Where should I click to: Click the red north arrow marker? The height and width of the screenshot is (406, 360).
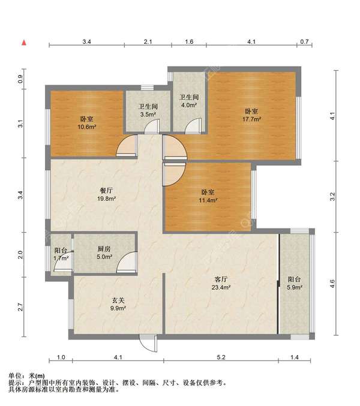(x=24, y=43)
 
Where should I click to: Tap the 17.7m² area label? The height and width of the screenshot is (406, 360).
(x=251, y=119)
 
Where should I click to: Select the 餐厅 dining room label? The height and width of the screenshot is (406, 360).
(x=106, y=191)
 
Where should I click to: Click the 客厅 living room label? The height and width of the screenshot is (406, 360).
(x=221, y=279)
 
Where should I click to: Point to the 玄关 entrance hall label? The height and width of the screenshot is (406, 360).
(x=118, y=300)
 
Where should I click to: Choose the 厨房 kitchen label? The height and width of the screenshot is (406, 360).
(x=104, y=249)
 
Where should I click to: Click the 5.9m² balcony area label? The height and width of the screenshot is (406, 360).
(x=295, y=287)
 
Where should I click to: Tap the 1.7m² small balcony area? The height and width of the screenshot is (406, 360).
(x=61, y=258)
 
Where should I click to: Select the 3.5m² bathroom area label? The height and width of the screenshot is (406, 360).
(x=148, y=115)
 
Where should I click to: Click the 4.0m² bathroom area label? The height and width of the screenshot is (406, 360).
(x=189, y=105)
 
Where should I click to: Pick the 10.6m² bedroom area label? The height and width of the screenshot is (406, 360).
(x=87, y=127)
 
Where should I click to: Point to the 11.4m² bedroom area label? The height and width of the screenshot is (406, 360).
(x=208, y=200)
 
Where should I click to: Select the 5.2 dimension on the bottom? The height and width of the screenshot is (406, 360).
(x=221, y=357)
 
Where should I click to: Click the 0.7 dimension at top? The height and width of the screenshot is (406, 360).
(x=304, y=41)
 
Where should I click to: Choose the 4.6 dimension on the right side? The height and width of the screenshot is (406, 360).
(x=332, y=284)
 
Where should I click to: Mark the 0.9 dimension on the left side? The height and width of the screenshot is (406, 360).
(x=20, y=79)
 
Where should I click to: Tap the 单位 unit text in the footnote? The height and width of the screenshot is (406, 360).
(x=16, y=375)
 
